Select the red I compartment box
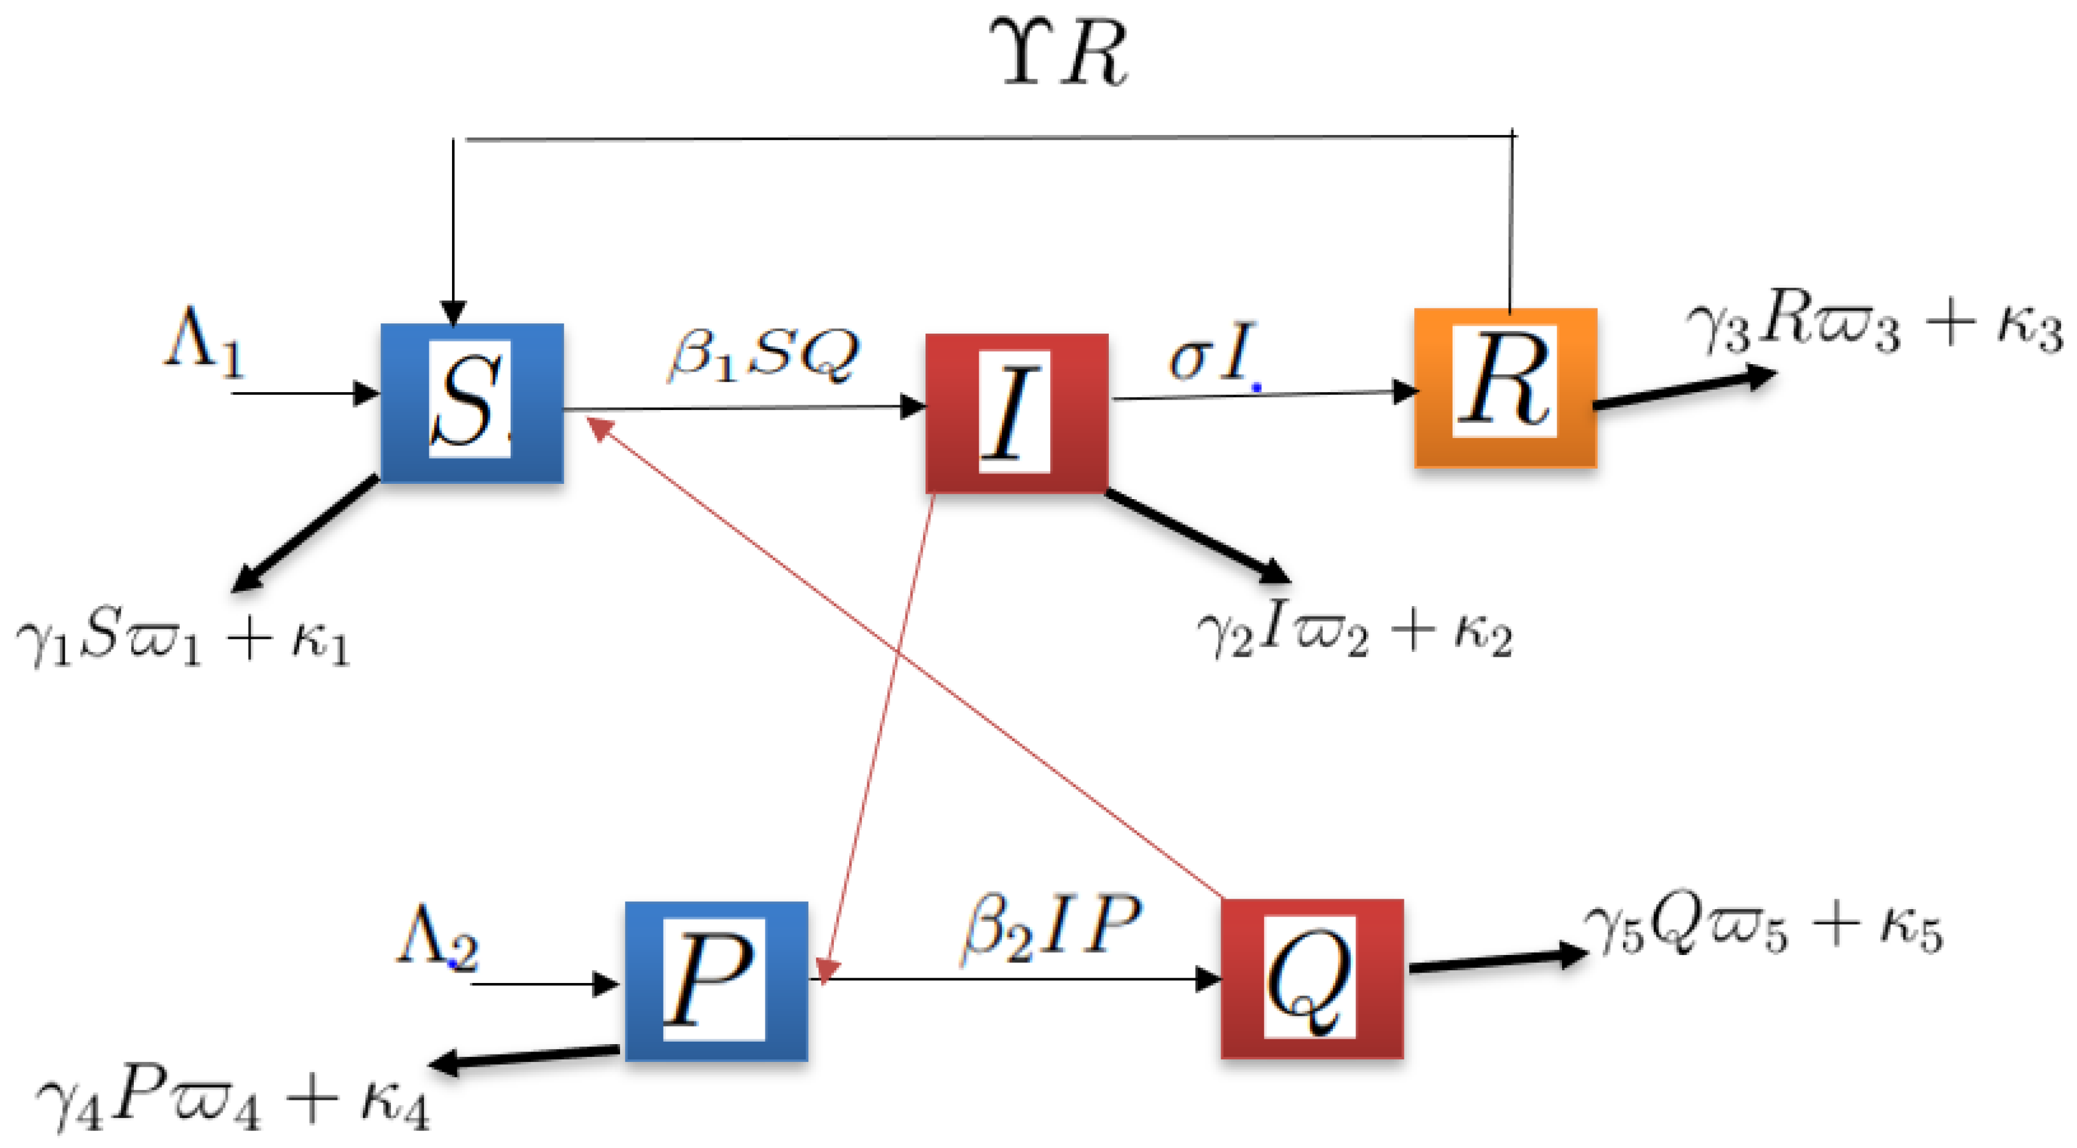[x=1016, y=413]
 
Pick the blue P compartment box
[x=716, y=981]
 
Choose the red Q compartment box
[x=1312, y=978]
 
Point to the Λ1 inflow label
[x=204, y=343]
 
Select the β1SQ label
[x=762, y=355]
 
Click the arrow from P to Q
[x=1016, y=979]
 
